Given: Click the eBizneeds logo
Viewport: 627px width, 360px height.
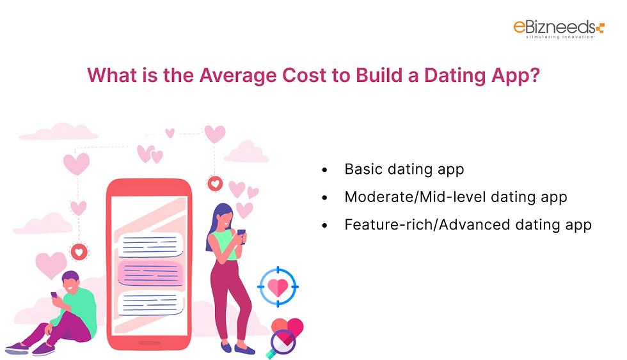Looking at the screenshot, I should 558,29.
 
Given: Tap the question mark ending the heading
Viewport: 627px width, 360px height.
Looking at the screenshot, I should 535,75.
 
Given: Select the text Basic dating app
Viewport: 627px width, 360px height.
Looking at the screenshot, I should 404,169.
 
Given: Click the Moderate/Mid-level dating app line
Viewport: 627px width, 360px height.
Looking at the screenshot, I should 456,197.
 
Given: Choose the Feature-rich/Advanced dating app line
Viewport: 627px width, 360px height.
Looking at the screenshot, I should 468,225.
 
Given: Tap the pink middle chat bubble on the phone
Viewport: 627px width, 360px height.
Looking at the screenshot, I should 150,272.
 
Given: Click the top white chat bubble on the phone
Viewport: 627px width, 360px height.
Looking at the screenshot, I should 150,244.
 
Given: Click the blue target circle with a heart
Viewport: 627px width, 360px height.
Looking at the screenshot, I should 278,287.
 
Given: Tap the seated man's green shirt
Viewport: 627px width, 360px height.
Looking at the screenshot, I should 81,309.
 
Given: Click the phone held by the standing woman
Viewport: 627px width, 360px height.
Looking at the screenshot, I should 242,233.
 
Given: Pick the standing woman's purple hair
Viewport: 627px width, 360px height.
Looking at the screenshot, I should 218,221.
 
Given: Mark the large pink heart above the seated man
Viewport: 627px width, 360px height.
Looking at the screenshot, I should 51,264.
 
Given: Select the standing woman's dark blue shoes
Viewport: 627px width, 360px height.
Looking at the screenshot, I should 236,347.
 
